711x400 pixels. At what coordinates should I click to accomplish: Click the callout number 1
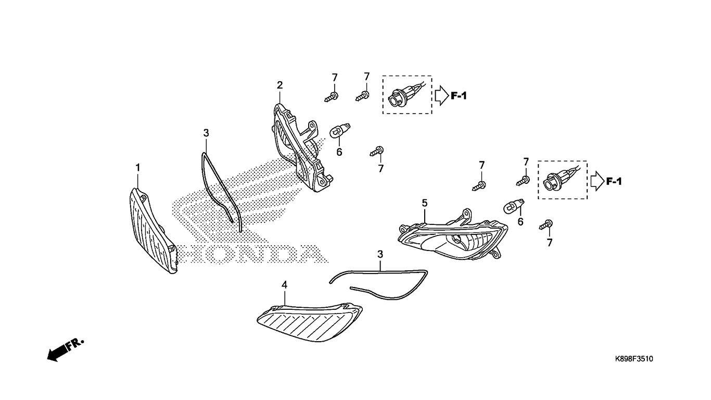coord(138,167)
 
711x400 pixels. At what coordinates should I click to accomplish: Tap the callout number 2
coord(280,85)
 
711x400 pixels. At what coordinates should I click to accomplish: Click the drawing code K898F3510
coord(634,359)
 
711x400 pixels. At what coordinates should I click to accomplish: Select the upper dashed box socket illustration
coord(408,95)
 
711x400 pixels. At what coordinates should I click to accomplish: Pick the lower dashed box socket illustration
coord(562,180)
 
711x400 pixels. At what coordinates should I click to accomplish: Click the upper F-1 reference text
coord(459,96)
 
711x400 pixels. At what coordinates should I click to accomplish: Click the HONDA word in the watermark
coord(250,254)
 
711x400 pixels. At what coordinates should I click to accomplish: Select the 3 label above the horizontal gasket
coord(380,254)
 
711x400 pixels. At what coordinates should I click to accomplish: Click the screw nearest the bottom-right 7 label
coord(547,224)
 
